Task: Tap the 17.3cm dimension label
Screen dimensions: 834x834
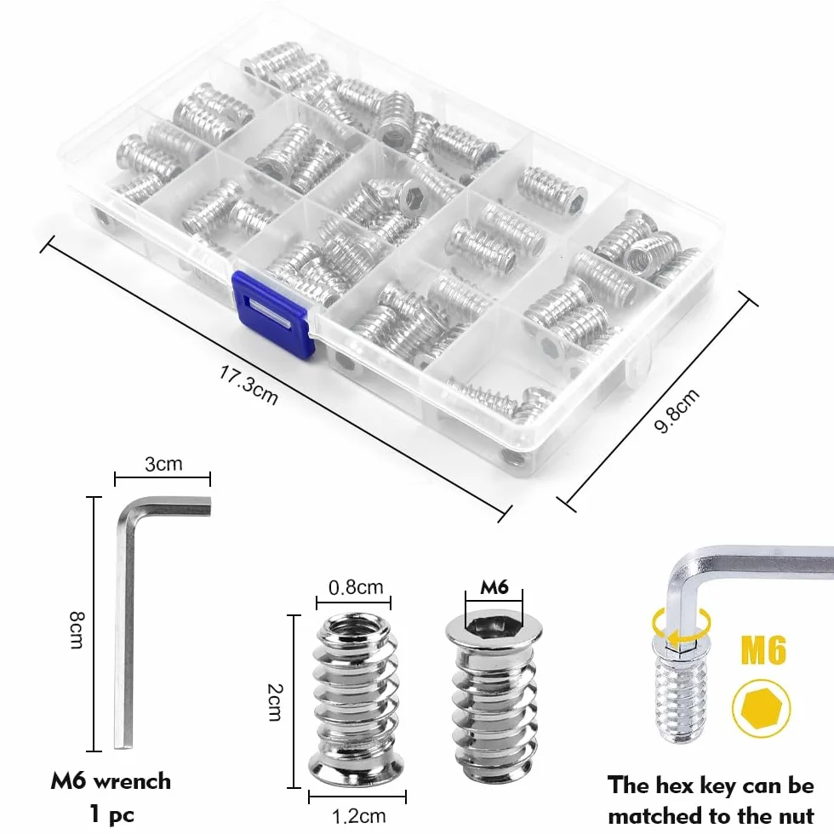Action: [248, 385]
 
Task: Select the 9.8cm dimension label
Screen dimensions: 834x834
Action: [676, 410]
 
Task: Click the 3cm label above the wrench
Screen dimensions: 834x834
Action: [163, 464]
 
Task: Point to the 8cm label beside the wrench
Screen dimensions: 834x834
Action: [77, 630]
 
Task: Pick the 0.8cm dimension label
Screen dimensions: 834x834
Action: [356, 587]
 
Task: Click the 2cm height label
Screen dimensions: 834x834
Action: [274, 702]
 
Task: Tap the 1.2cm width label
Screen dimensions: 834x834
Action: [358, 816]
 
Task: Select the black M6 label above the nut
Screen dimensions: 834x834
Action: [494, 586]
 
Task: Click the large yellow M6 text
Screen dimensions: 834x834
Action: [763, 650]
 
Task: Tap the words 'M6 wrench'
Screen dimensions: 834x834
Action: [111, 781]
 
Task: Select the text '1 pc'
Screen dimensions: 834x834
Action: [111, 814]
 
